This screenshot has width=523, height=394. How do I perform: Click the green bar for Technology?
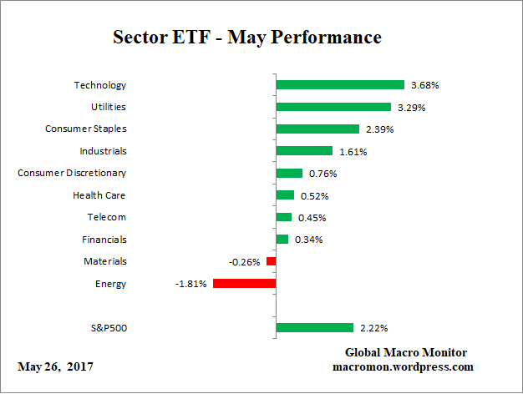pyautogui.click(x=340, y=85)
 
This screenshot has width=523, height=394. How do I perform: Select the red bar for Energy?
pyautogui.click(x=244, y=284)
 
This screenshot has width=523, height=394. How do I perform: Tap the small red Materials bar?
pyautogui.click(x=271, y=261)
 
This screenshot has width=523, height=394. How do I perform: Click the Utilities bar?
pyautogui.click(x=333, y=107)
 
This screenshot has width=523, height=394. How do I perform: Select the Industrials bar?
pyautogui.click(x=304, y=151)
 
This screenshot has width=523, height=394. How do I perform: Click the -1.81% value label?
pyautogui.click(x=191, y=284)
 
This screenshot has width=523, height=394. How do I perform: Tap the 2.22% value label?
pyautogui.click(x=373, y=328)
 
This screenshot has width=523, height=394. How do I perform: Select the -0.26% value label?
pyautogui.click(x=244, y=262)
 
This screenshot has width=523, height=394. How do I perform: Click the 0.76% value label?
pyautogui.click(x=321, y=174)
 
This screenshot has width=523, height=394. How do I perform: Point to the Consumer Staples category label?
pyautogui.click(x=85, y=129)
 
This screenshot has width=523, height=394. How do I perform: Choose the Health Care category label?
pyautogui.click(x=99, y=195)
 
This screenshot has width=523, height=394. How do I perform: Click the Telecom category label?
pyautogui.click(x=106, y=217)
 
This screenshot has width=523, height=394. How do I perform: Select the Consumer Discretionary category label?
pyautogui.click(x=72, y=173)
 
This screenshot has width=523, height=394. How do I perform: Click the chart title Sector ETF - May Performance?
pyautogui.click(x=247, y=38)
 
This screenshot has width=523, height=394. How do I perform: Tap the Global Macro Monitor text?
pyautogui.click(x=406, y=352)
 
